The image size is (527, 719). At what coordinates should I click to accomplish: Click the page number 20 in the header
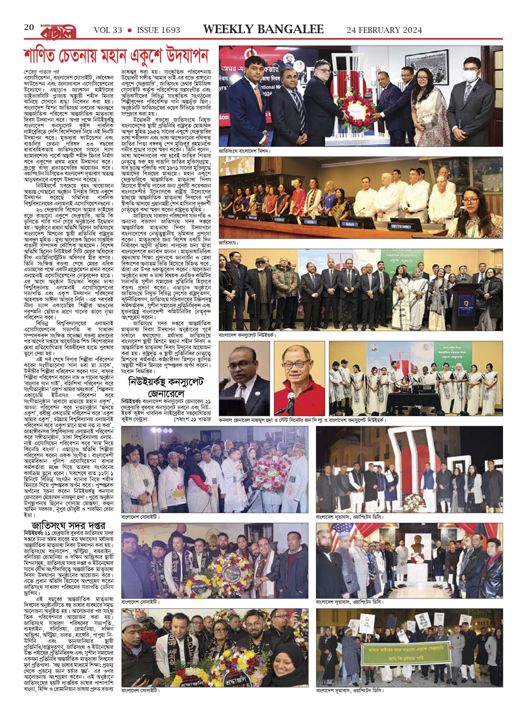pyautogui.click(x=29, y=27)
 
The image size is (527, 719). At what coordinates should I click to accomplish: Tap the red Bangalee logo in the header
pyautogui.click(x=58, y=32)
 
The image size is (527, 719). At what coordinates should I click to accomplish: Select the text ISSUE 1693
pyautogui.click(x=158, y=30)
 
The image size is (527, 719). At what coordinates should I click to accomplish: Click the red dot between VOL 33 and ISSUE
pyautogui.click(x=129, y=30)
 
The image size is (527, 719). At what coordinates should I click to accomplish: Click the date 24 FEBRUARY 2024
pyautogui.click(x=384, y=30)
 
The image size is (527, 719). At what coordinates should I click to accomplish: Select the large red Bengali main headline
pyautogui.click(x=116, y=56)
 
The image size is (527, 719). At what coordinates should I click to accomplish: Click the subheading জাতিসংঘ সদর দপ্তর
pyautogui.click(x=68, y=526)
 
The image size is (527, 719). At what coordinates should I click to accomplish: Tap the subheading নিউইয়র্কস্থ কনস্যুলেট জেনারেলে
pyautogui.click(x=166, y=388)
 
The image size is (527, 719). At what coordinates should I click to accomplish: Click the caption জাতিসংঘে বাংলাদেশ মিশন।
pyautogui.click(x=245, y=151)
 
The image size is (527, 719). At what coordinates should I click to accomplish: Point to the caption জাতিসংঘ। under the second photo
pyautogui.click(x=229, y=243)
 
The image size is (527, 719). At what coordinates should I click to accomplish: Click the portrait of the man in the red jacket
pyautogui.click(x=299, y=378)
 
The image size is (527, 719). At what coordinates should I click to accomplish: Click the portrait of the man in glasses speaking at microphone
pyautogui.click(x=244, y=378)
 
